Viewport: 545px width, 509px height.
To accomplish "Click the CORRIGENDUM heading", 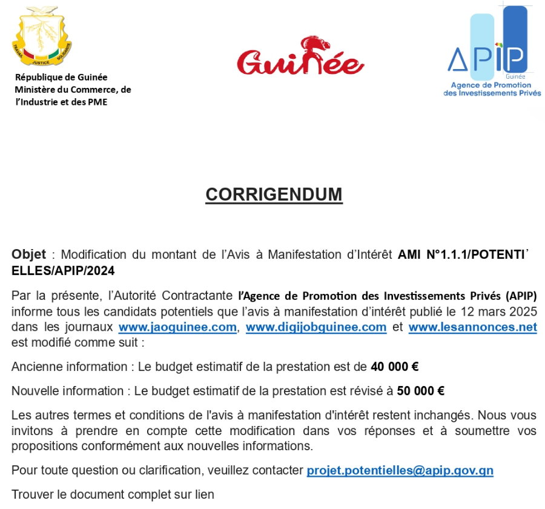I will tap(274, 195).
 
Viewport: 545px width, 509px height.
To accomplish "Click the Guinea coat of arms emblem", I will tap(42, 37).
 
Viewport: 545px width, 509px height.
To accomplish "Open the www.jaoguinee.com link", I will tap(177, 327).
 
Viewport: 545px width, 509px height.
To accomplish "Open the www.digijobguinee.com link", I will tap(316, 327).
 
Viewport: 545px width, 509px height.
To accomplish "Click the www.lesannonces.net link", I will tap(472, 327).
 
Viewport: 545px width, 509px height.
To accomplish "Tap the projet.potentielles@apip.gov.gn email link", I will tap(400, 470).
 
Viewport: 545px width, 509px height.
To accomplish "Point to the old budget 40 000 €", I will tap(395, 367).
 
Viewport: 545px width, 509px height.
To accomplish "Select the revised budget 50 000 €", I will tap(421, 391).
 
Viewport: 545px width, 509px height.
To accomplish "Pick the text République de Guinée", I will tap(61, 77).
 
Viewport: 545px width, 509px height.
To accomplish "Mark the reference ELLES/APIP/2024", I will tap(63, 270).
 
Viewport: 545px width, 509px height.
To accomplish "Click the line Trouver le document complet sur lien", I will tap(113, 494).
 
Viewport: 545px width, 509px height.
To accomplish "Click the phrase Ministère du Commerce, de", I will tap(73, 89).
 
